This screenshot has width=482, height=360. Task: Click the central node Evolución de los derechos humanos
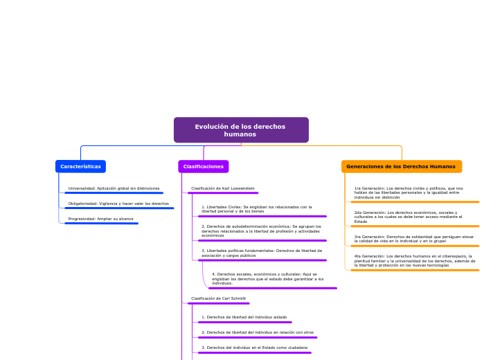tap(240, 130)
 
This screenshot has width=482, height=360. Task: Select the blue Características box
tap(80, 167)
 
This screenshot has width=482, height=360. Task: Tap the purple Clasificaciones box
tap(203, 167)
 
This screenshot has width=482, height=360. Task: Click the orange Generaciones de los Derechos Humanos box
tap(401, 167)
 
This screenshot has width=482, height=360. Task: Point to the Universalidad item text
tap(114, 188)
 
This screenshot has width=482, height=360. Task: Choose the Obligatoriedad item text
tap(118, 204)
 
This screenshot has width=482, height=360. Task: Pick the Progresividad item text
tap(100, 219)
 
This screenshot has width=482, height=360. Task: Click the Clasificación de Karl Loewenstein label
tap(222, 188)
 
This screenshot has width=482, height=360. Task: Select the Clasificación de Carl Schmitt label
tap(218, 298)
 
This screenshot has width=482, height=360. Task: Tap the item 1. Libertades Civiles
tap(257, 208)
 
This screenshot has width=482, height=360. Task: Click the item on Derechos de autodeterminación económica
tap(261, 231)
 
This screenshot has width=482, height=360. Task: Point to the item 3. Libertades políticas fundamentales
tap(262, 253)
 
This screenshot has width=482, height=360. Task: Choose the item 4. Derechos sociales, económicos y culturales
tap(267, 278)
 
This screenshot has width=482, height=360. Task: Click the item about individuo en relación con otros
tap(257, 332)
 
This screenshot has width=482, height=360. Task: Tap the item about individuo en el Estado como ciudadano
tap(254, 348)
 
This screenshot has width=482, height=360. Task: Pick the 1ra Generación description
tap(409, 192)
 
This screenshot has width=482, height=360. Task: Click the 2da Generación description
tap(408, 217)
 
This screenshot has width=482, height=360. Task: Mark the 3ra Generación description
tap(414, 238)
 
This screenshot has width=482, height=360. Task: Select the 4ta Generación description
tap(414, 260)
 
